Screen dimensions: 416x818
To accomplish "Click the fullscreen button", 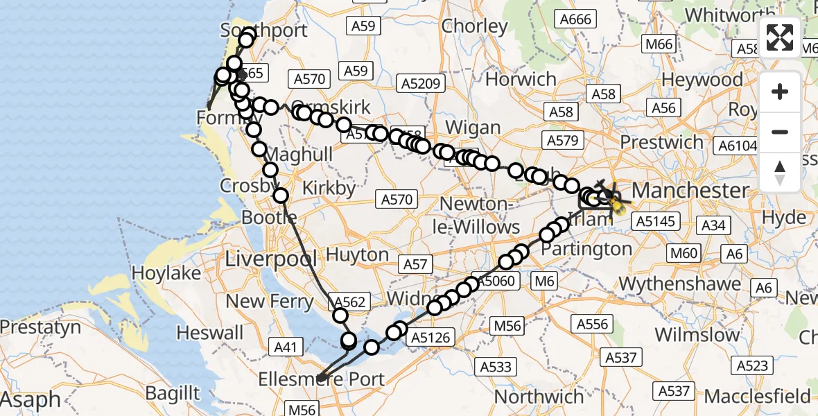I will (780, 37).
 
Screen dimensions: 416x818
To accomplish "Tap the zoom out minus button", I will (780, 132).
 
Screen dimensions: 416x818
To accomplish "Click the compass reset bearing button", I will (780, 171).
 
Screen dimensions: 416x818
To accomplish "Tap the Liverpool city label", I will (271, 260).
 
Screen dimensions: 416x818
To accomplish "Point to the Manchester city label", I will (690, 190).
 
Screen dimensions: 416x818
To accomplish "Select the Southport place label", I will (254, 31).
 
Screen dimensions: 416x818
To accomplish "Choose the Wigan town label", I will (473, 128).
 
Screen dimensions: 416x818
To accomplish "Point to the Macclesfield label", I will (758, 397).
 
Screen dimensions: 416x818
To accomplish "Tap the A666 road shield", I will (576, 19).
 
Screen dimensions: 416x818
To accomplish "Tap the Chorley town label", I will (475, 26).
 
